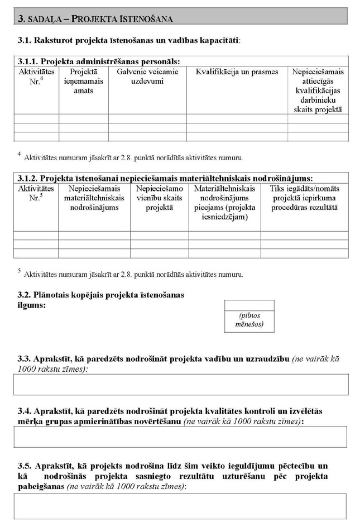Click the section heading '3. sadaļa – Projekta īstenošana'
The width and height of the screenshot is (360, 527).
95,18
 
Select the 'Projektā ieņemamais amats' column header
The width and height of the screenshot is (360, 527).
83,81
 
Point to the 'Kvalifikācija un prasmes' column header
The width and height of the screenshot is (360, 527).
237,72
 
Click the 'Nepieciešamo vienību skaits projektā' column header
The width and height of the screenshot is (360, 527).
159,198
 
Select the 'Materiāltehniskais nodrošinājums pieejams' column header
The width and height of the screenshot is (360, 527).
224,203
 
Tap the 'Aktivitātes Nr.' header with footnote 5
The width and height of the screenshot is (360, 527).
36,193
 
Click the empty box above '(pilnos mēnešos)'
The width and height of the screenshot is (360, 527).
249,305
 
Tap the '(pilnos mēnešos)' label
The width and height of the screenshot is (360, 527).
249,320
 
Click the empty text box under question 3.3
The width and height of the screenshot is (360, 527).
181,384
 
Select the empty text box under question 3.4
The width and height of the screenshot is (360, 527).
181,437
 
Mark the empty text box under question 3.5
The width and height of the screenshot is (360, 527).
181,506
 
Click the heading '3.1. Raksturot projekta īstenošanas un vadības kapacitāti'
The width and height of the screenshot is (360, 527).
129,41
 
